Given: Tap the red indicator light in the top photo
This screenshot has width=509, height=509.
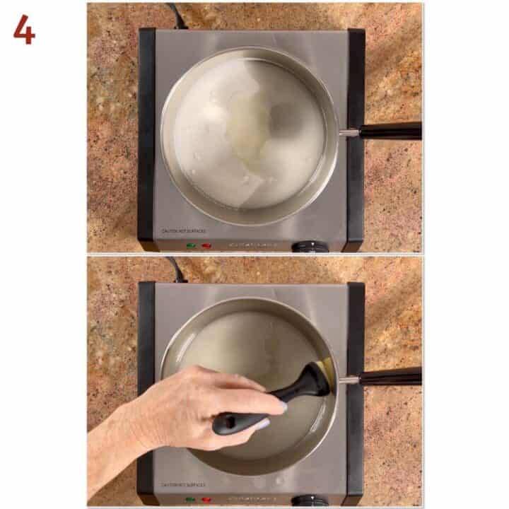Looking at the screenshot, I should pos(207,245).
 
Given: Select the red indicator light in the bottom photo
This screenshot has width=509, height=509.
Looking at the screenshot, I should pos(207,500).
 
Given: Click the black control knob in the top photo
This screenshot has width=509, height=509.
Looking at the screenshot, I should pos(310,246).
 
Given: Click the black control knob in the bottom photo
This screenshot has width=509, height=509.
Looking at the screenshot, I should pos(310,501).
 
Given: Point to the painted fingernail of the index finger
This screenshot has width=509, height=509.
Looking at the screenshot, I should pos(281,406).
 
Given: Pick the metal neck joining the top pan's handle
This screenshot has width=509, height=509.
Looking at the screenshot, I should pos(349,131).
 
